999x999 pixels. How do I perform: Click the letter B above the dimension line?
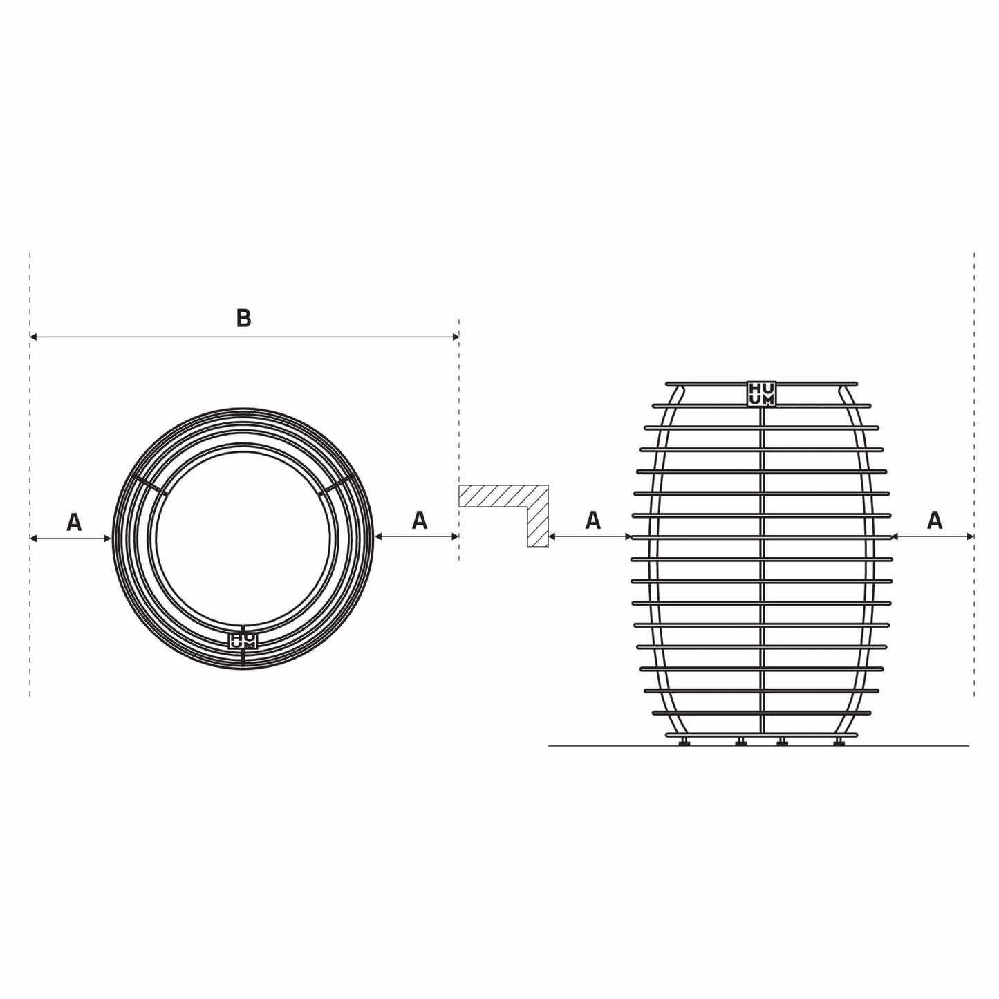pyautogui.click(x=243, y=318)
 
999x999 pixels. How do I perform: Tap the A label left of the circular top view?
pyautogui.click(x=74, y=522)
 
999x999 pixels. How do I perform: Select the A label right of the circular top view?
pyautogui.click(x=419, y=520)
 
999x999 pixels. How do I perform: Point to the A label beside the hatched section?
pyautogui.click(x=592, y=520)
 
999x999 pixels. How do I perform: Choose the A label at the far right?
pyautogui.click(x=935, y=520)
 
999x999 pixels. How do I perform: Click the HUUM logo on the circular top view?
pyautogui.click(x=243, y=640)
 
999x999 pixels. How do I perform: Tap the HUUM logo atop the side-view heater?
pyautogui.click(x=761, y=393)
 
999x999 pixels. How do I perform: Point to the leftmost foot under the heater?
pyautogui.click(x=684, y=742)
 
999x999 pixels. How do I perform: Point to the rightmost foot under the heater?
pyautogui.click(x=839, y=742)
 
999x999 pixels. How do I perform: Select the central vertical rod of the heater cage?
pyautogui.click(x=761, y=567)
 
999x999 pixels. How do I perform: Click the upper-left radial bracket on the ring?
pyautogui.click(x=149, y=484)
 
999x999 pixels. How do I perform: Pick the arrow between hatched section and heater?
pyautogui.click(x=589, y=536)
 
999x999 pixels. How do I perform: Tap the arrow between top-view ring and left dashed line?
pyautogui.click(x=71, y=537)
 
